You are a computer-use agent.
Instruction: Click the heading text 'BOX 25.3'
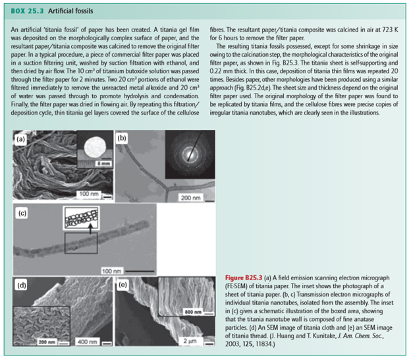pyautogui.click(x=26, y=11)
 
